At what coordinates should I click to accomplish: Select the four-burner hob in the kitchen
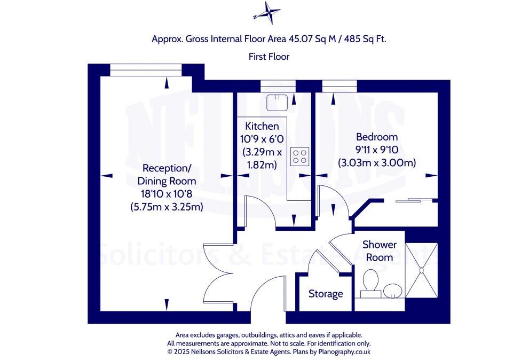299,156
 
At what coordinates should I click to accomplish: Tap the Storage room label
326,294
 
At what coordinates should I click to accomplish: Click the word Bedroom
377,137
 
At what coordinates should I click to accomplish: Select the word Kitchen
262,127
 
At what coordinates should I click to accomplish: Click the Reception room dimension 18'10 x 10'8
167,194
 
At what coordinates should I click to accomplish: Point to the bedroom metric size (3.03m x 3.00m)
377,162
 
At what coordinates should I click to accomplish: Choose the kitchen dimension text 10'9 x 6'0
262,139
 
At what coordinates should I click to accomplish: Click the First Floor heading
269,56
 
